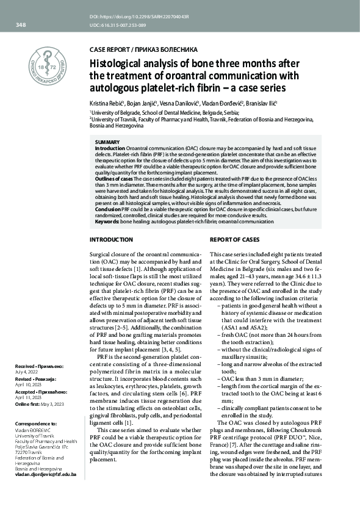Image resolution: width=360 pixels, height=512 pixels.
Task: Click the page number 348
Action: pos(20,25)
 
